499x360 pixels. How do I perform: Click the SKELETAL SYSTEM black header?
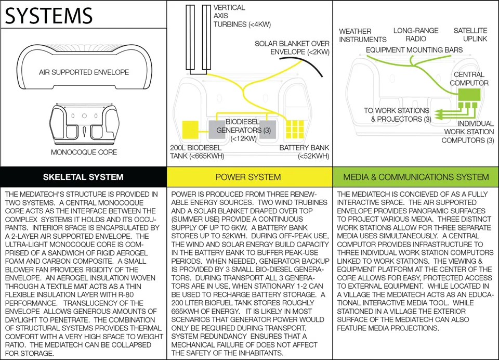click(x=83, y=177)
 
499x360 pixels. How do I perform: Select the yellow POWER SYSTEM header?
click(x=248, y=177)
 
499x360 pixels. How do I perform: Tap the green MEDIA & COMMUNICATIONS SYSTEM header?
click(x=416, y=177)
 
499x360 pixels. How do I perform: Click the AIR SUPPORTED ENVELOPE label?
click(x=84, y=72)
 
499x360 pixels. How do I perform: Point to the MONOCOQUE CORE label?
click(x=84, y=152)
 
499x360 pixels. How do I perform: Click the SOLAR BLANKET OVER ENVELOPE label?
click(x=292, y=48)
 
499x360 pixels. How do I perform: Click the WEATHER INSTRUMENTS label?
click(x=362, y=35)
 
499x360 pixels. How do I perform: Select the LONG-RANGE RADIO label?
click(x=416, y=34)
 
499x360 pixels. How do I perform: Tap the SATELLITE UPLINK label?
click(x=470, y=34)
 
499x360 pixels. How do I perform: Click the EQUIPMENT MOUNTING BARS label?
click(x=414, y=50)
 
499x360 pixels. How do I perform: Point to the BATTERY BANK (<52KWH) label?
click(x=305, y=152)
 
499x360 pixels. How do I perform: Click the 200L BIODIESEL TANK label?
click(x=195, y=152)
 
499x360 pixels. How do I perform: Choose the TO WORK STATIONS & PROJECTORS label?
click(x=398, y=114)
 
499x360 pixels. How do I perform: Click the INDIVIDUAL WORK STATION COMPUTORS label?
click(x=468, y=132)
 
